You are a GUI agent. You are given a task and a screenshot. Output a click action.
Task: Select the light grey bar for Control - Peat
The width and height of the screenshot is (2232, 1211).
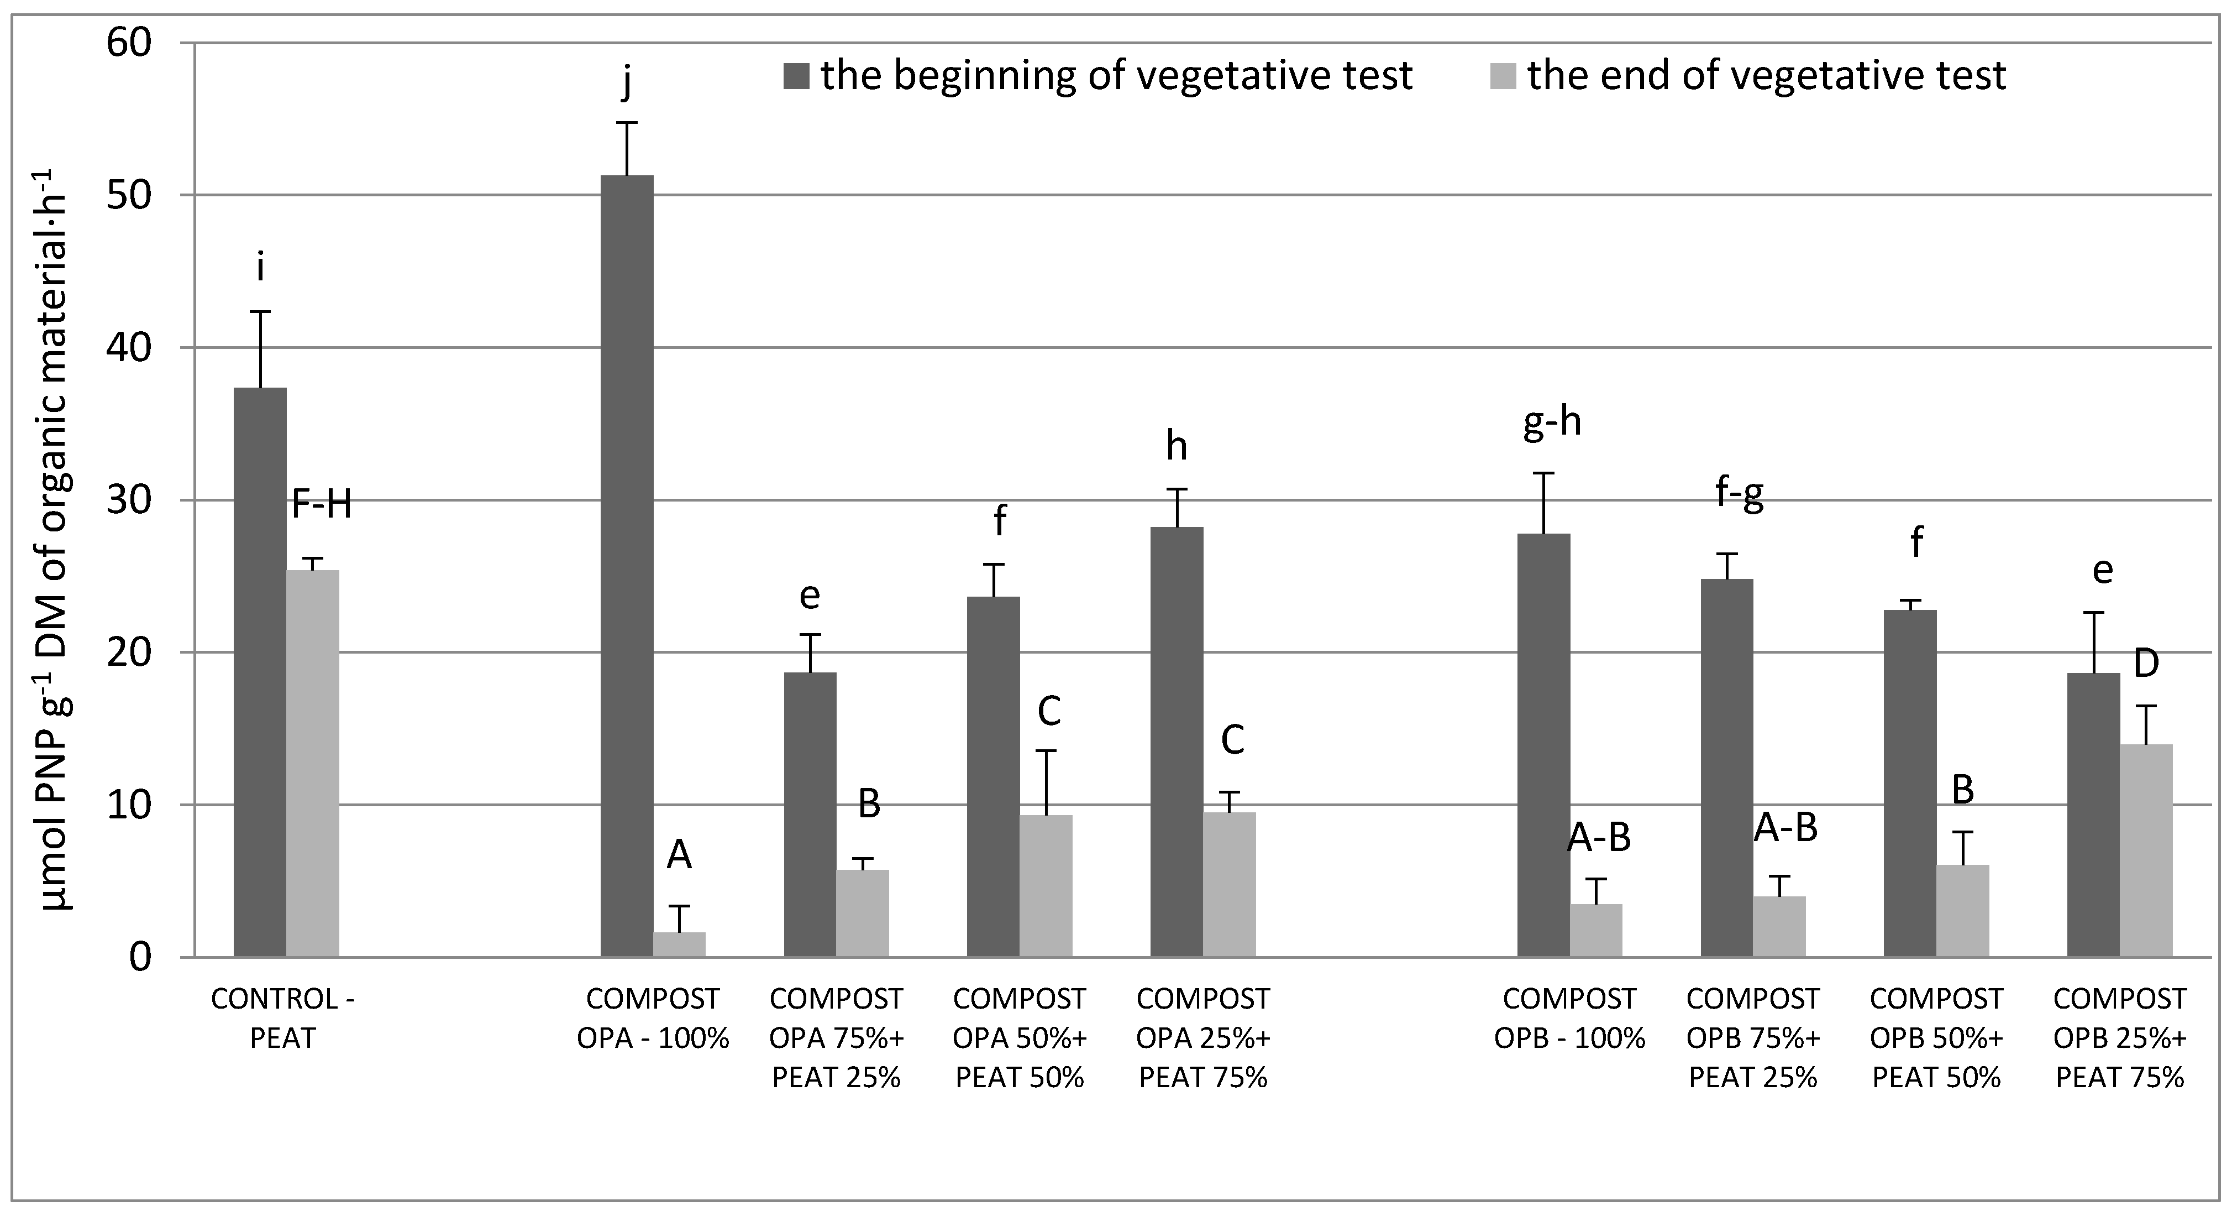pyautogui.click(x=313, y=763)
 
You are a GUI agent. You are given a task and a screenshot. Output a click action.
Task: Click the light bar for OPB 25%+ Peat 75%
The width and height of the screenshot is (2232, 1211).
pyautogui.click(x=2146, y=849)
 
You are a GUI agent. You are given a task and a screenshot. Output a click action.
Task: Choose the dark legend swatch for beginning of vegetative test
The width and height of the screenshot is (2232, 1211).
pyautogui.click(x=796, y=76)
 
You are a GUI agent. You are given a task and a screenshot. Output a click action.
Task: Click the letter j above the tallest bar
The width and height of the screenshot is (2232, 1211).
pyautogui.click(x=627, y=84)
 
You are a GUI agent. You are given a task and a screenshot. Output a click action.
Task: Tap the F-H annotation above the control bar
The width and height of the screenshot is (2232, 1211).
pyautogui.click(x=322, y=504)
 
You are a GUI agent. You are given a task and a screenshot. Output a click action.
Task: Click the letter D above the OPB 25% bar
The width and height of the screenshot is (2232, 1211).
pyautogui.click(x=2146, y=664)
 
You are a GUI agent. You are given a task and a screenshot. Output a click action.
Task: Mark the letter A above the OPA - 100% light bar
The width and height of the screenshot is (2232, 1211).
pyautogui.click(x=679, y=857)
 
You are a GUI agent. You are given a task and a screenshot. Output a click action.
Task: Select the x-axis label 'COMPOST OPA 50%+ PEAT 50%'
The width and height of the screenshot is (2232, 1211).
pyautogui.click(x=1020, y=1037)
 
